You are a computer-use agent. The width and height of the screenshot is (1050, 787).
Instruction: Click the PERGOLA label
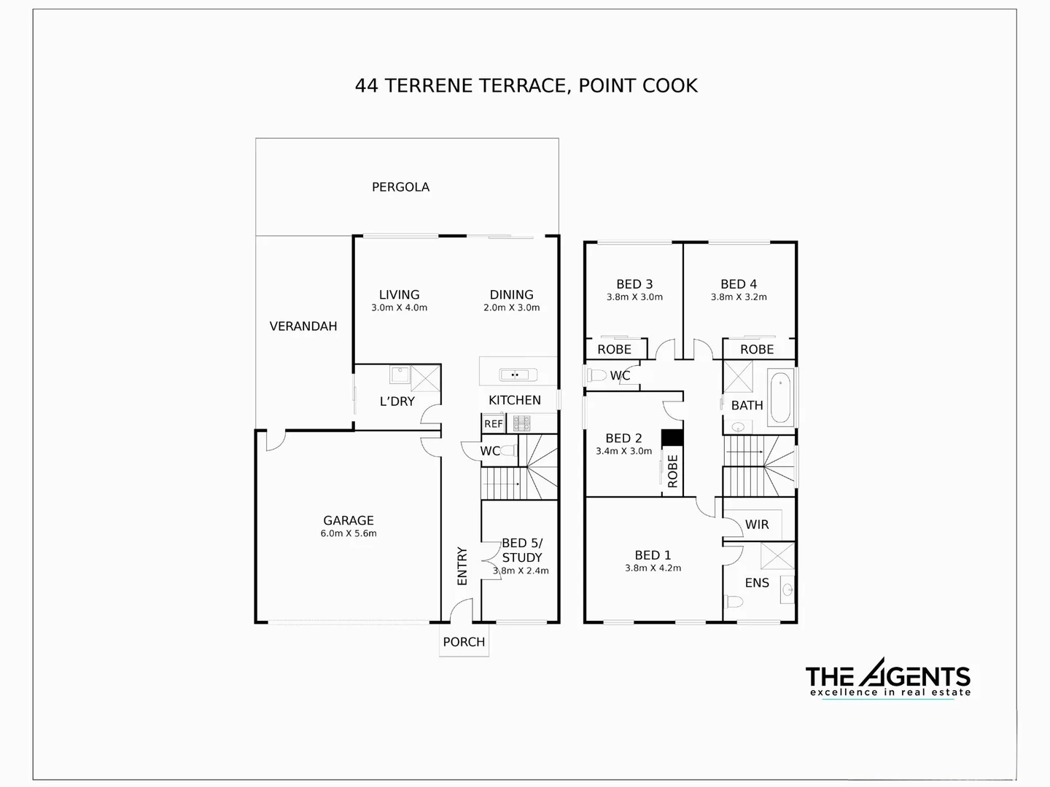pyautogui.click(x=400, y=187)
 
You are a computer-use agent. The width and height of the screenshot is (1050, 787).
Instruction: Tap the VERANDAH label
pyautogui.click(x=303, y=326)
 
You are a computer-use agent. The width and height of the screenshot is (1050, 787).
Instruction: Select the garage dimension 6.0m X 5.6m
pyautogui.click(x=349, y=533)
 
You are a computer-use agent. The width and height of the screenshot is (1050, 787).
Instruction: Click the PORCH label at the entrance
pyautogui.click(x=464, y=642)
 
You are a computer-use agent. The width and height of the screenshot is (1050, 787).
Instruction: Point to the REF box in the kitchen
pyautogui.click(x=494, y=423)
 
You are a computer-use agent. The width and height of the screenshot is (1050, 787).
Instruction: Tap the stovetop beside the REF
pyautogui.click(x=521, y=423)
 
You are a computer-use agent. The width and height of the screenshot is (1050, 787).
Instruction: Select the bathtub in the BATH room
pyautogui.click(x=780, y=399)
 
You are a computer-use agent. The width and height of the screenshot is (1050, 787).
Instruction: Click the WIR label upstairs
pyautogui.click(x=757, y=525)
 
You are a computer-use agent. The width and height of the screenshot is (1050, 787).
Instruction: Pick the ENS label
pyautogui.click(x=757, y=583)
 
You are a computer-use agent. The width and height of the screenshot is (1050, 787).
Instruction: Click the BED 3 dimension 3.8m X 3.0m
pyautogui.click(x=634, y=297)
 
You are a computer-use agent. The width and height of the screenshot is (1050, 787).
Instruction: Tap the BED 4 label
pyautogui.click(x=739, y=284)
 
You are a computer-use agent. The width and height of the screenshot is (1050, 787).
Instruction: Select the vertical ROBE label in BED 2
pyautogui.click(x=672, y=471)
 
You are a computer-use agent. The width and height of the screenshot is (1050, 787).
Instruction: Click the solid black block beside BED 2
pyautogui.click(x=672, y=437)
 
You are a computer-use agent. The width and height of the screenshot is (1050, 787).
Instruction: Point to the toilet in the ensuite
pyautogui.click(x=734, y=602)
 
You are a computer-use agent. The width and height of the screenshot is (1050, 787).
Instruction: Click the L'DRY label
pyautogui.click(x=397, y=402)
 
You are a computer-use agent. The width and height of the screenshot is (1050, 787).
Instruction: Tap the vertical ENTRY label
pyautogui.click(x=462, y=565)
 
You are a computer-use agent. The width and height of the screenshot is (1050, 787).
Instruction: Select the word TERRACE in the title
pyautogui.click(x=523, y=86)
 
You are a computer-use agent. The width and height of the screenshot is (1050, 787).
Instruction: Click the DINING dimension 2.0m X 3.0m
pyautogui.click(x=512, y=308)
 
